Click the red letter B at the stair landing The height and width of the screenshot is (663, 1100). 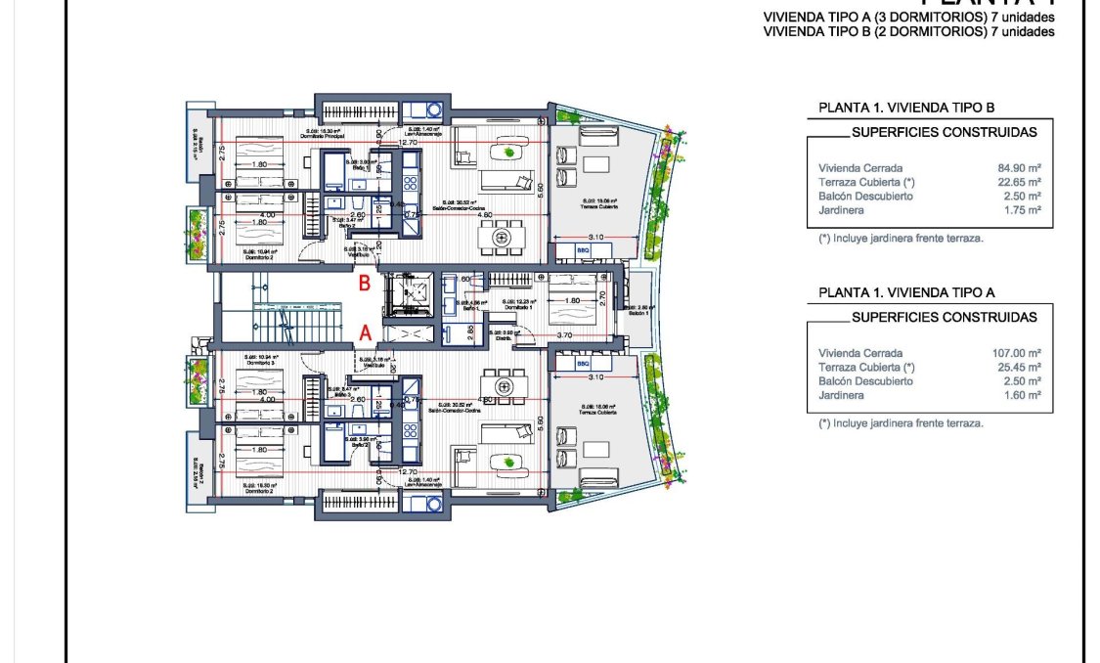365,285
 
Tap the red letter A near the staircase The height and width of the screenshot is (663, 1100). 365,332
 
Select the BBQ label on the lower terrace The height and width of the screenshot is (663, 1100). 584,363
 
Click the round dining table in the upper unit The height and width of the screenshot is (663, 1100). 505,236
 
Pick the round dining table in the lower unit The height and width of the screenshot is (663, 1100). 505,387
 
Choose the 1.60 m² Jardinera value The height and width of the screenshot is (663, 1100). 1017,395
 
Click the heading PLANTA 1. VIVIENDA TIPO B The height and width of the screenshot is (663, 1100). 906,108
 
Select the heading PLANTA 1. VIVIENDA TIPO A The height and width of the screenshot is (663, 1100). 906,292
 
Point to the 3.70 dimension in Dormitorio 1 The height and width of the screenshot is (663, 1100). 563,335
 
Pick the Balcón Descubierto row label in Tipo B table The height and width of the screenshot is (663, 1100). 865,196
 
